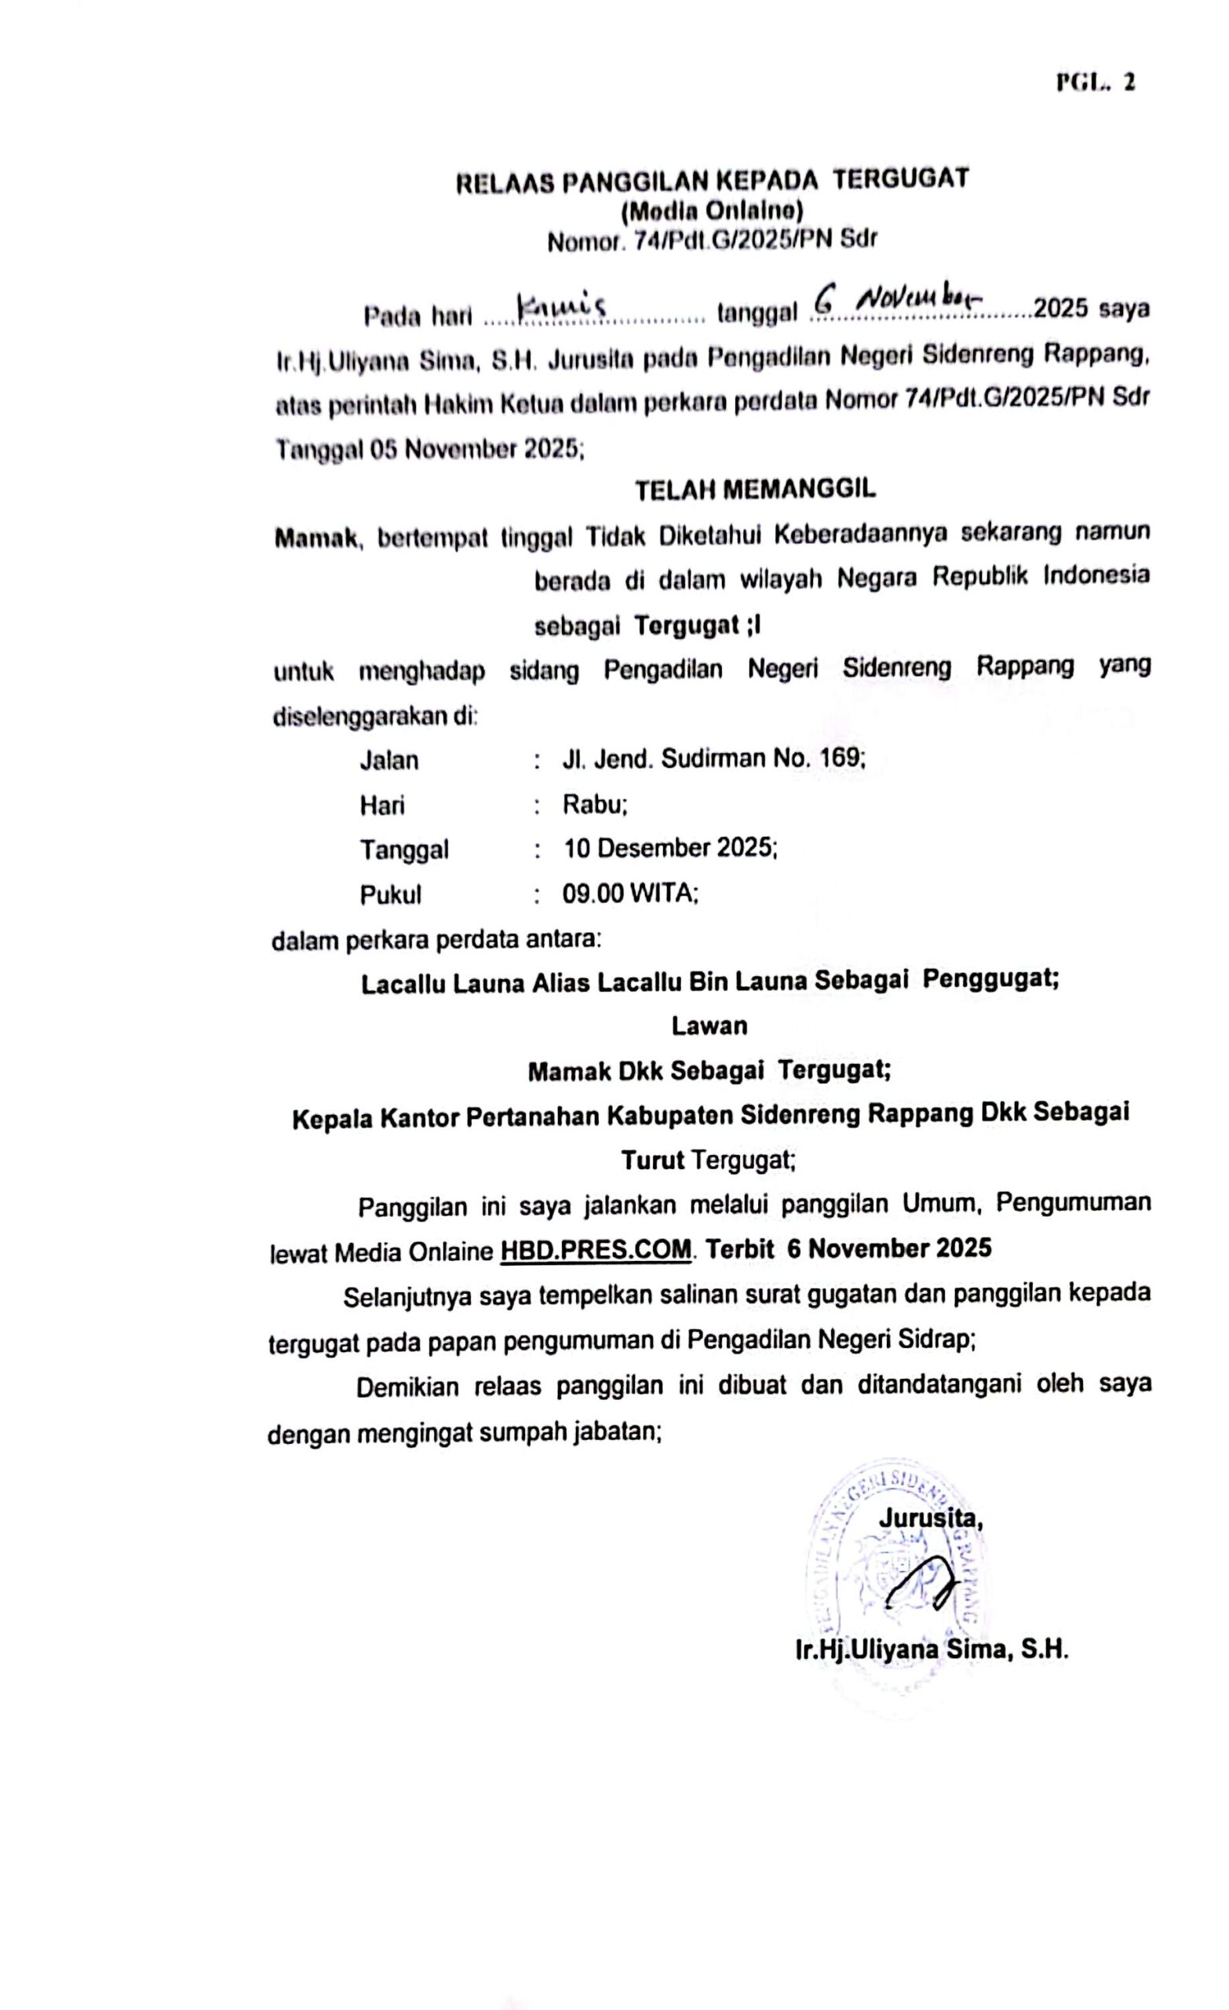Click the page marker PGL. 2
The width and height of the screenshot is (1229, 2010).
coord(1096,82)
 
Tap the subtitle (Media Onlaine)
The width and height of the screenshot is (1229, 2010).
coord(712,211)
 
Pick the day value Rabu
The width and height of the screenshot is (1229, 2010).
coord(594,805)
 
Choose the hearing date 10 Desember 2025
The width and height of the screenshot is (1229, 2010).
coord(669,849)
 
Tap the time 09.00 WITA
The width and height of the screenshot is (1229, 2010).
coord(629,894)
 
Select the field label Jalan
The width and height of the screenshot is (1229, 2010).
coord(389,760)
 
